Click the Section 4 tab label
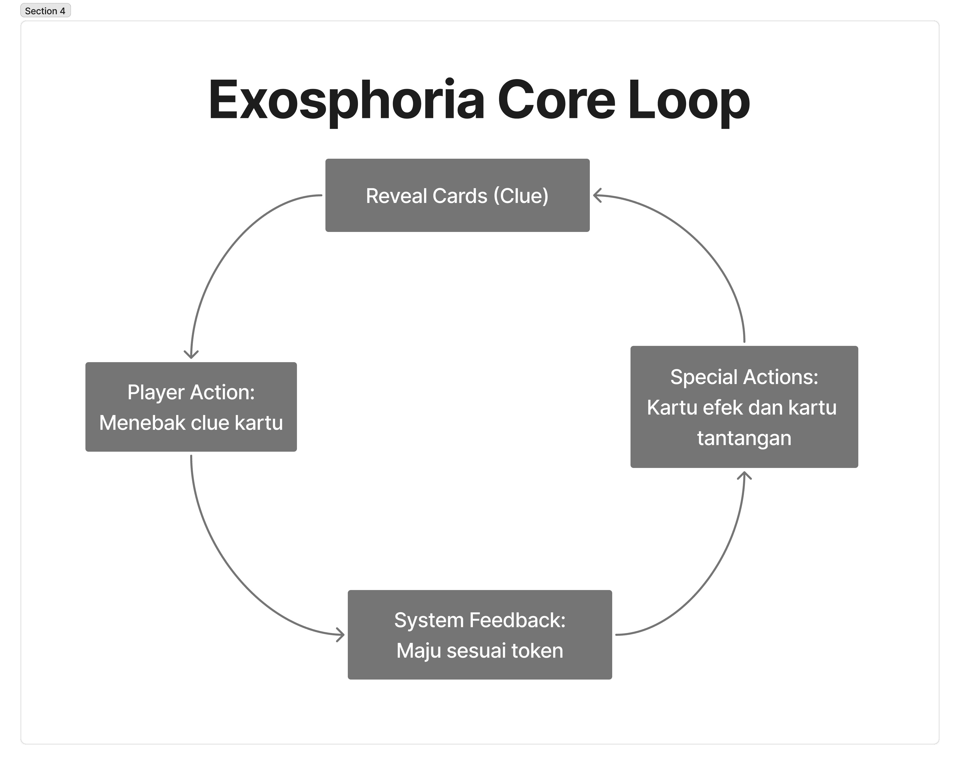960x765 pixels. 45,11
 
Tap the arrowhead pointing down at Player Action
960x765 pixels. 191,355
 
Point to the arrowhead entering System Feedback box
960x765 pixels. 341,635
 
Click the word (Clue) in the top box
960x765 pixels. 521,196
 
